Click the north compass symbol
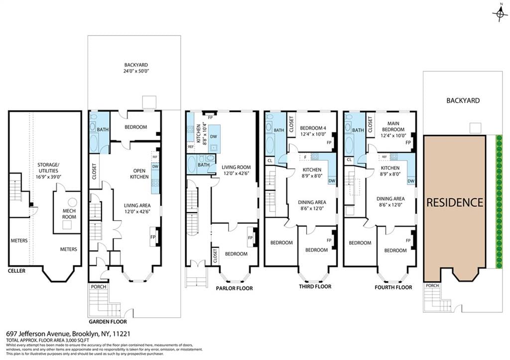tap(500, 13)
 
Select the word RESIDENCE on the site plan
tap(454, 203)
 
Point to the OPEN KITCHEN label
tap(139, 173)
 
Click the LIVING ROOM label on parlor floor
tap(236, 170)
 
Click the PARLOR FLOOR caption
tap(234, 288)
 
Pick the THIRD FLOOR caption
tap(315, 287)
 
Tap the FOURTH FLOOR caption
tap(393, 287)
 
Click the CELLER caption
tap(16, 271)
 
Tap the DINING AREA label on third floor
tap(312, 205)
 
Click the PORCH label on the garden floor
tap(97, 286)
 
